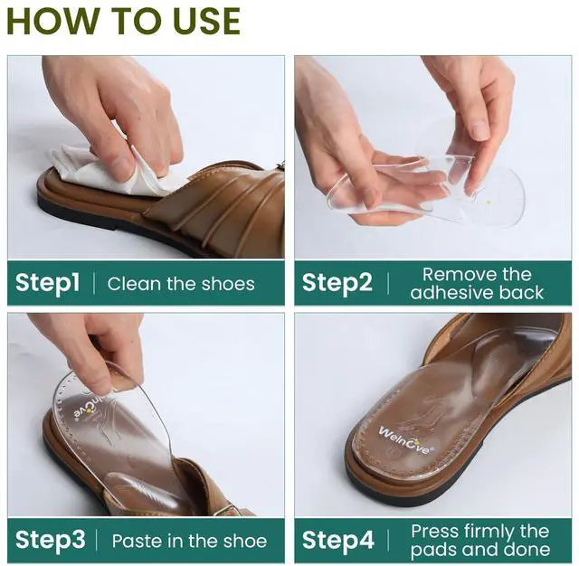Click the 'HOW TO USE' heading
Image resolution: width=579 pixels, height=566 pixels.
(x=124, y=21)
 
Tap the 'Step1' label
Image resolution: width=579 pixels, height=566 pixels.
(x=48, y=283)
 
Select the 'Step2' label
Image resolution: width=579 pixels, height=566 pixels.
(x=337, y=283)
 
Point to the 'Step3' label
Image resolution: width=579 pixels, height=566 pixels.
(x=51, y=540)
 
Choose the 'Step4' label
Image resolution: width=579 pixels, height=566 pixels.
(x=337, y=540)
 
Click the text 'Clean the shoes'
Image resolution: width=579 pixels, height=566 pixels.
(x=181, y=284)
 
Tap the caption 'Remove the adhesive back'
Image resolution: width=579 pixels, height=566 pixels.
(x=477, y=283)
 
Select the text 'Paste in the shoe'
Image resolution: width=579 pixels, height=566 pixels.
(x=189, y=541)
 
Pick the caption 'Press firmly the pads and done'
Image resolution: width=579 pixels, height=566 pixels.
(x=480, y=541)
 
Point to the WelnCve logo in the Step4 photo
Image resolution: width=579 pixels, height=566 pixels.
(x=404, y=440)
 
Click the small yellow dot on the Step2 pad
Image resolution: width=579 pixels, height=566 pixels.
(x=489, y=202)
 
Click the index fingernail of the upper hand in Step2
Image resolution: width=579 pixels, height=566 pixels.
(x=480, y=131)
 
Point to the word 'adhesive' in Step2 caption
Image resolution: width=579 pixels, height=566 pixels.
(x=451, y=293)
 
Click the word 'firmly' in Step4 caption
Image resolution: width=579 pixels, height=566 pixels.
(x=489, y=532)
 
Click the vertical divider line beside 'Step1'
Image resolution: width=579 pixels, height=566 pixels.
(x=94, y=283)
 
